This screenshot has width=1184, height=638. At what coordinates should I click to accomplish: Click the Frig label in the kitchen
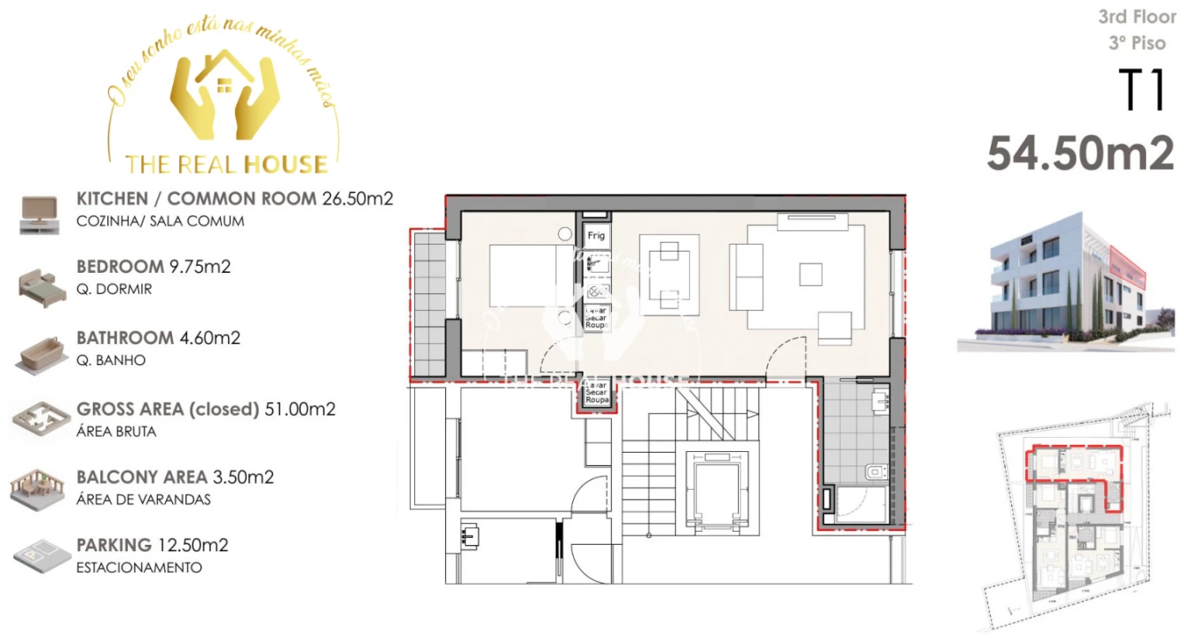point(596,236)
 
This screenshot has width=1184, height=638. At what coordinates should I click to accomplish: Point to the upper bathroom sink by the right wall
point(880,401)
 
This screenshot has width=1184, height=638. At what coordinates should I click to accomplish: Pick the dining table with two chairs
point(670,274)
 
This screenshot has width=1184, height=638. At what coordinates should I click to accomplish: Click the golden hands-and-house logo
point(224,99)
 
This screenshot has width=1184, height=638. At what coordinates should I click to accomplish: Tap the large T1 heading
point(1141,91)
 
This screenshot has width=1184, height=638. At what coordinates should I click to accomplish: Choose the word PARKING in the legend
point(114,545)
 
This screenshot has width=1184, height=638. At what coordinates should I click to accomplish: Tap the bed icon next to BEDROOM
point(40,284)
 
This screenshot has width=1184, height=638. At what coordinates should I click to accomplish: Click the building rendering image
point(1067,279)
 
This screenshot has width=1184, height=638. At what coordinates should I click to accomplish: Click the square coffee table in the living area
point(811,275)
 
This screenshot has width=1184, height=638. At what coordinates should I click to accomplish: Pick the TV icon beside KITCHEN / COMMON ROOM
point(39,214)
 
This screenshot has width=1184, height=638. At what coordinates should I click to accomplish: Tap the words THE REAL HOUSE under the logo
point(226,164)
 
